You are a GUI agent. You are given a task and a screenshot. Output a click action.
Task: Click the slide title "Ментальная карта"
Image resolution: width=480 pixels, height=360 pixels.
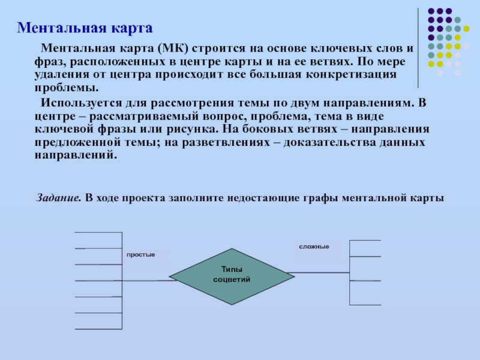pos(85,28)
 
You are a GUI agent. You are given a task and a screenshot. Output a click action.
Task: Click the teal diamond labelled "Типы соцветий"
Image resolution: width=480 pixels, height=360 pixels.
pos(231,275)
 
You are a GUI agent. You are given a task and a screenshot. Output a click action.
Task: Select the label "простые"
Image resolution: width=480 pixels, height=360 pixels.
pos(140,255)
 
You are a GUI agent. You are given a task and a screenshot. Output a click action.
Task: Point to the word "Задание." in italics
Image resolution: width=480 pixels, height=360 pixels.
pos(59,197)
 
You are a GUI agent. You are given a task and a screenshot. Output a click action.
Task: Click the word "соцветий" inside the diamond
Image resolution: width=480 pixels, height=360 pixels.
pos(232,280)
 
